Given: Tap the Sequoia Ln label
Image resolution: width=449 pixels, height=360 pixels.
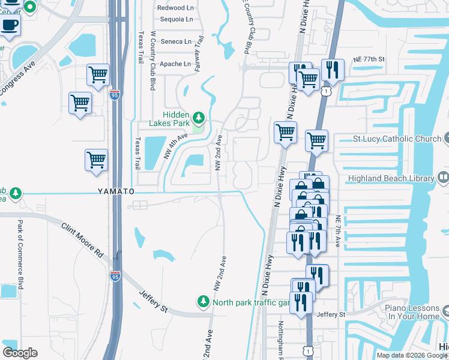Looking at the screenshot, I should click(x=176, y=19).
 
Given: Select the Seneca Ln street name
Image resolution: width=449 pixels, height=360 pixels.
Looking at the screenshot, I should click(x=176, y=42).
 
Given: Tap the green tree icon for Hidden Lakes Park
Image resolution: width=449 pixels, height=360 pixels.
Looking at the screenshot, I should click(x=197, y=116).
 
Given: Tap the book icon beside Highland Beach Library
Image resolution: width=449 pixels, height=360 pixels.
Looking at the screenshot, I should click(x=443, y=178).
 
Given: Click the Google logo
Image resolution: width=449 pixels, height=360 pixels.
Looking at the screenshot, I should click(x=20, y=352).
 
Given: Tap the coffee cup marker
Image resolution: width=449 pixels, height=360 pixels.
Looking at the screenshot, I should click(x=10, y=26).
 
